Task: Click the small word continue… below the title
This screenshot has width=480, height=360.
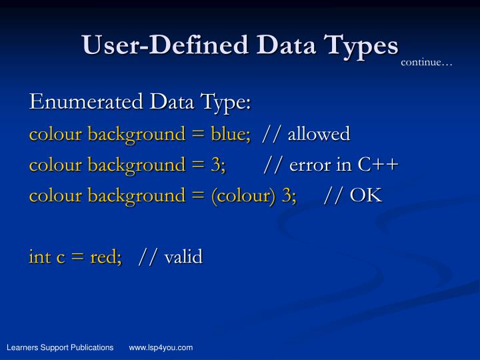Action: click(x=426, y=63)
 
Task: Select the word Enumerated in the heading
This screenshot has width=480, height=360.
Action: click(x=86, y=103)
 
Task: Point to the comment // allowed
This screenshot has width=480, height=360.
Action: click(x=306, y=134)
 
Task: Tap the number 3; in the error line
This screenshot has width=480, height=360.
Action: click(x=218, y=165)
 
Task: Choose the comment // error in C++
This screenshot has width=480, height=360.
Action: click(x=331, y=165)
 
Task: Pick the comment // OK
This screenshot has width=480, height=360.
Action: click(x=353, y=195)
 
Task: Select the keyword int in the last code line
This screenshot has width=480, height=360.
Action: click(x=37, y=256)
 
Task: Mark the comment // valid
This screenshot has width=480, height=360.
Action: click(x=170, y=256)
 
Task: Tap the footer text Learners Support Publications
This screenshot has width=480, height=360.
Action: click(x=60, y=347)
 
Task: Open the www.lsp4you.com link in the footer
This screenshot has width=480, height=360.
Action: click(x=161, y=347)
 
